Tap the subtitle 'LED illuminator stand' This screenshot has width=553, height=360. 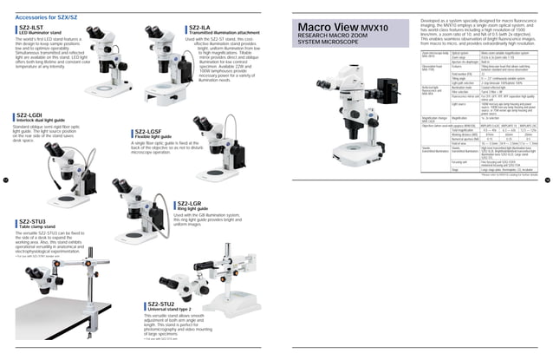[41, 34]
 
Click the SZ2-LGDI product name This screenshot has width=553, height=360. [31, 115]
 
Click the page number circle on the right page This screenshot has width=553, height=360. [547, 180]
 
